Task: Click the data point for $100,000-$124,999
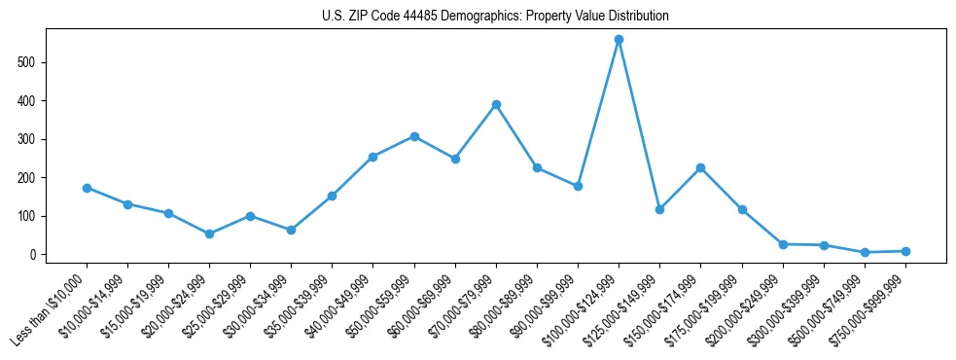point(619,40)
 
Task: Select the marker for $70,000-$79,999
point(496,104)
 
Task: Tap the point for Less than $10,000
point(87,188)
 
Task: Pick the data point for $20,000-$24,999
point(209,234)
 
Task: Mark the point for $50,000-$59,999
point(414,136)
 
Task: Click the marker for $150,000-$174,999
point(700,167)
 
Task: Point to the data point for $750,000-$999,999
point(905,251)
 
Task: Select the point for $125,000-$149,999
point(659,209)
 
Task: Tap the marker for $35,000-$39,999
point(332,196)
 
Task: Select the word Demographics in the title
point(462,17)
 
